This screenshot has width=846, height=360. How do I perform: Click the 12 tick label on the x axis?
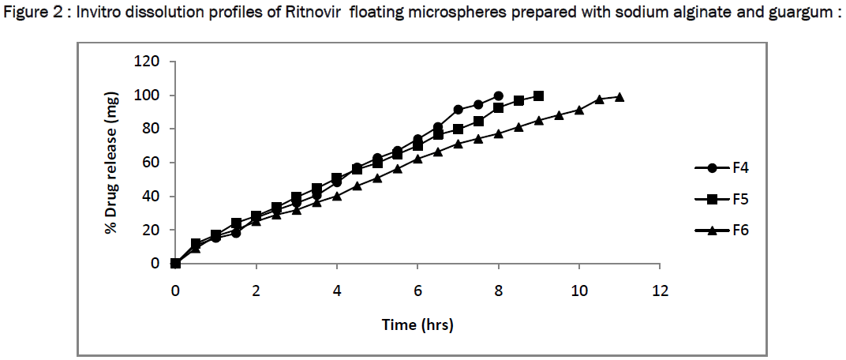pyautogui.click(x=661, y=290)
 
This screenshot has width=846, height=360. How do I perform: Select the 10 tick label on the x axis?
pyautogui.click(x=579, y=290)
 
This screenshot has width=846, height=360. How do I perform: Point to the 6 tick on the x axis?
pyautogui.click(x=418, y=290)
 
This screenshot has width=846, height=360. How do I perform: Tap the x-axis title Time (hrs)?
pyautogui.click(x=417, y=324)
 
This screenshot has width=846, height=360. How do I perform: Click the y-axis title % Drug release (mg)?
pyautogui.click(x=112, y=163)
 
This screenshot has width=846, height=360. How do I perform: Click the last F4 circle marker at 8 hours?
pyautogui.click(x=499, y=96)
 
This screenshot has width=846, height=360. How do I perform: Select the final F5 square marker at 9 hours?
pyautogui.click(x=539, y=96)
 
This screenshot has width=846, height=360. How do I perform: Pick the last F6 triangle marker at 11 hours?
pyautogui.click(x=620, y=97)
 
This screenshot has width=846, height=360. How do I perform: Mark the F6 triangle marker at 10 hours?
pyautogui.click(x=579, y=110)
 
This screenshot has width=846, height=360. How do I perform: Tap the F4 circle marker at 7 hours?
pyautogui.click(x=459, y=110)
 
